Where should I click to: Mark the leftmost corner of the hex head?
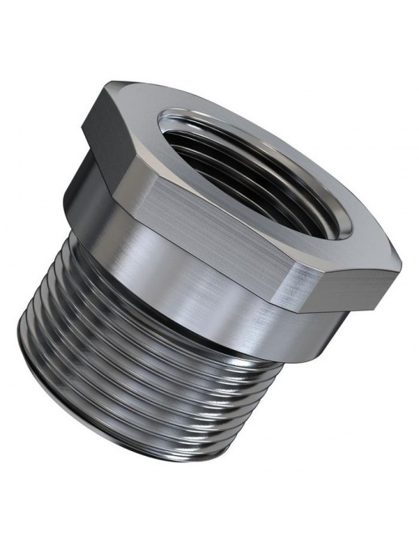83,129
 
